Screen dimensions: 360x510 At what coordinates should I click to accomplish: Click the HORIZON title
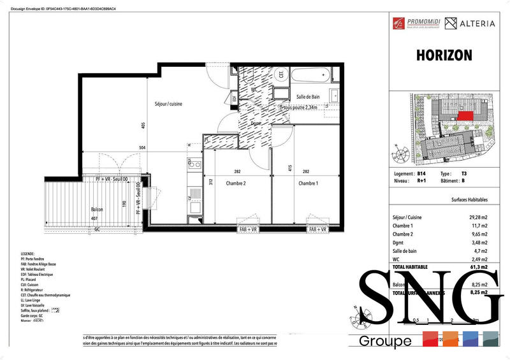[444, 55]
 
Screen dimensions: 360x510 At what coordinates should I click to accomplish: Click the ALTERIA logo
[469, 24]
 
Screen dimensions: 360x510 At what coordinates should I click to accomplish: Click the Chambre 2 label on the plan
[236, 183]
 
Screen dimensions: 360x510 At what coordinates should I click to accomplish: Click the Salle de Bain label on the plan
[311, 97]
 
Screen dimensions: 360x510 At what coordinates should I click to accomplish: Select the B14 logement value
[421, 174]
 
